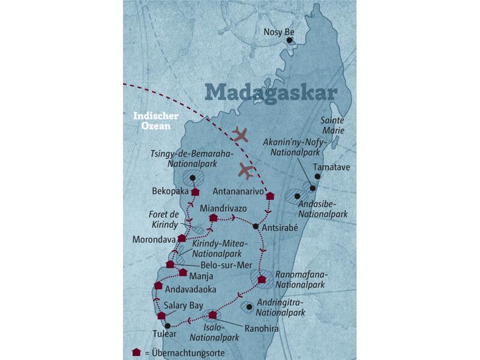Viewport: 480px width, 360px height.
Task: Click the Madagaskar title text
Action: [271, 92]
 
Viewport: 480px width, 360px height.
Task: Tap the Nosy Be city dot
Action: [289, 40]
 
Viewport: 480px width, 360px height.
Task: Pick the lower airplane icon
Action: [246, 170]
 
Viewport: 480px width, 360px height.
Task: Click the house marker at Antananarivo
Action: [270, 196]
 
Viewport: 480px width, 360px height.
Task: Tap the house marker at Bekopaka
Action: [195, 191]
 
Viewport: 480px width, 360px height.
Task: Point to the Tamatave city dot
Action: [317, 176]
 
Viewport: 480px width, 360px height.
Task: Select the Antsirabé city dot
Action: [256, 226]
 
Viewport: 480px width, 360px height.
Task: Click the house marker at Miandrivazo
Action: [212, 218]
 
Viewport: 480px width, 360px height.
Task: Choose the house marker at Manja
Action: [183, 272]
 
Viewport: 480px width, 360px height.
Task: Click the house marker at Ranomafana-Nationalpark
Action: [262, 279]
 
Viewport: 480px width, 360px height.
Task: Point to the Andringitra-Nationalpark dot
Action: [249, 307]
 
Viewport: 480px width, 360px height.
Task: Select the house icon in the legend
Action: [136, 352]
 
